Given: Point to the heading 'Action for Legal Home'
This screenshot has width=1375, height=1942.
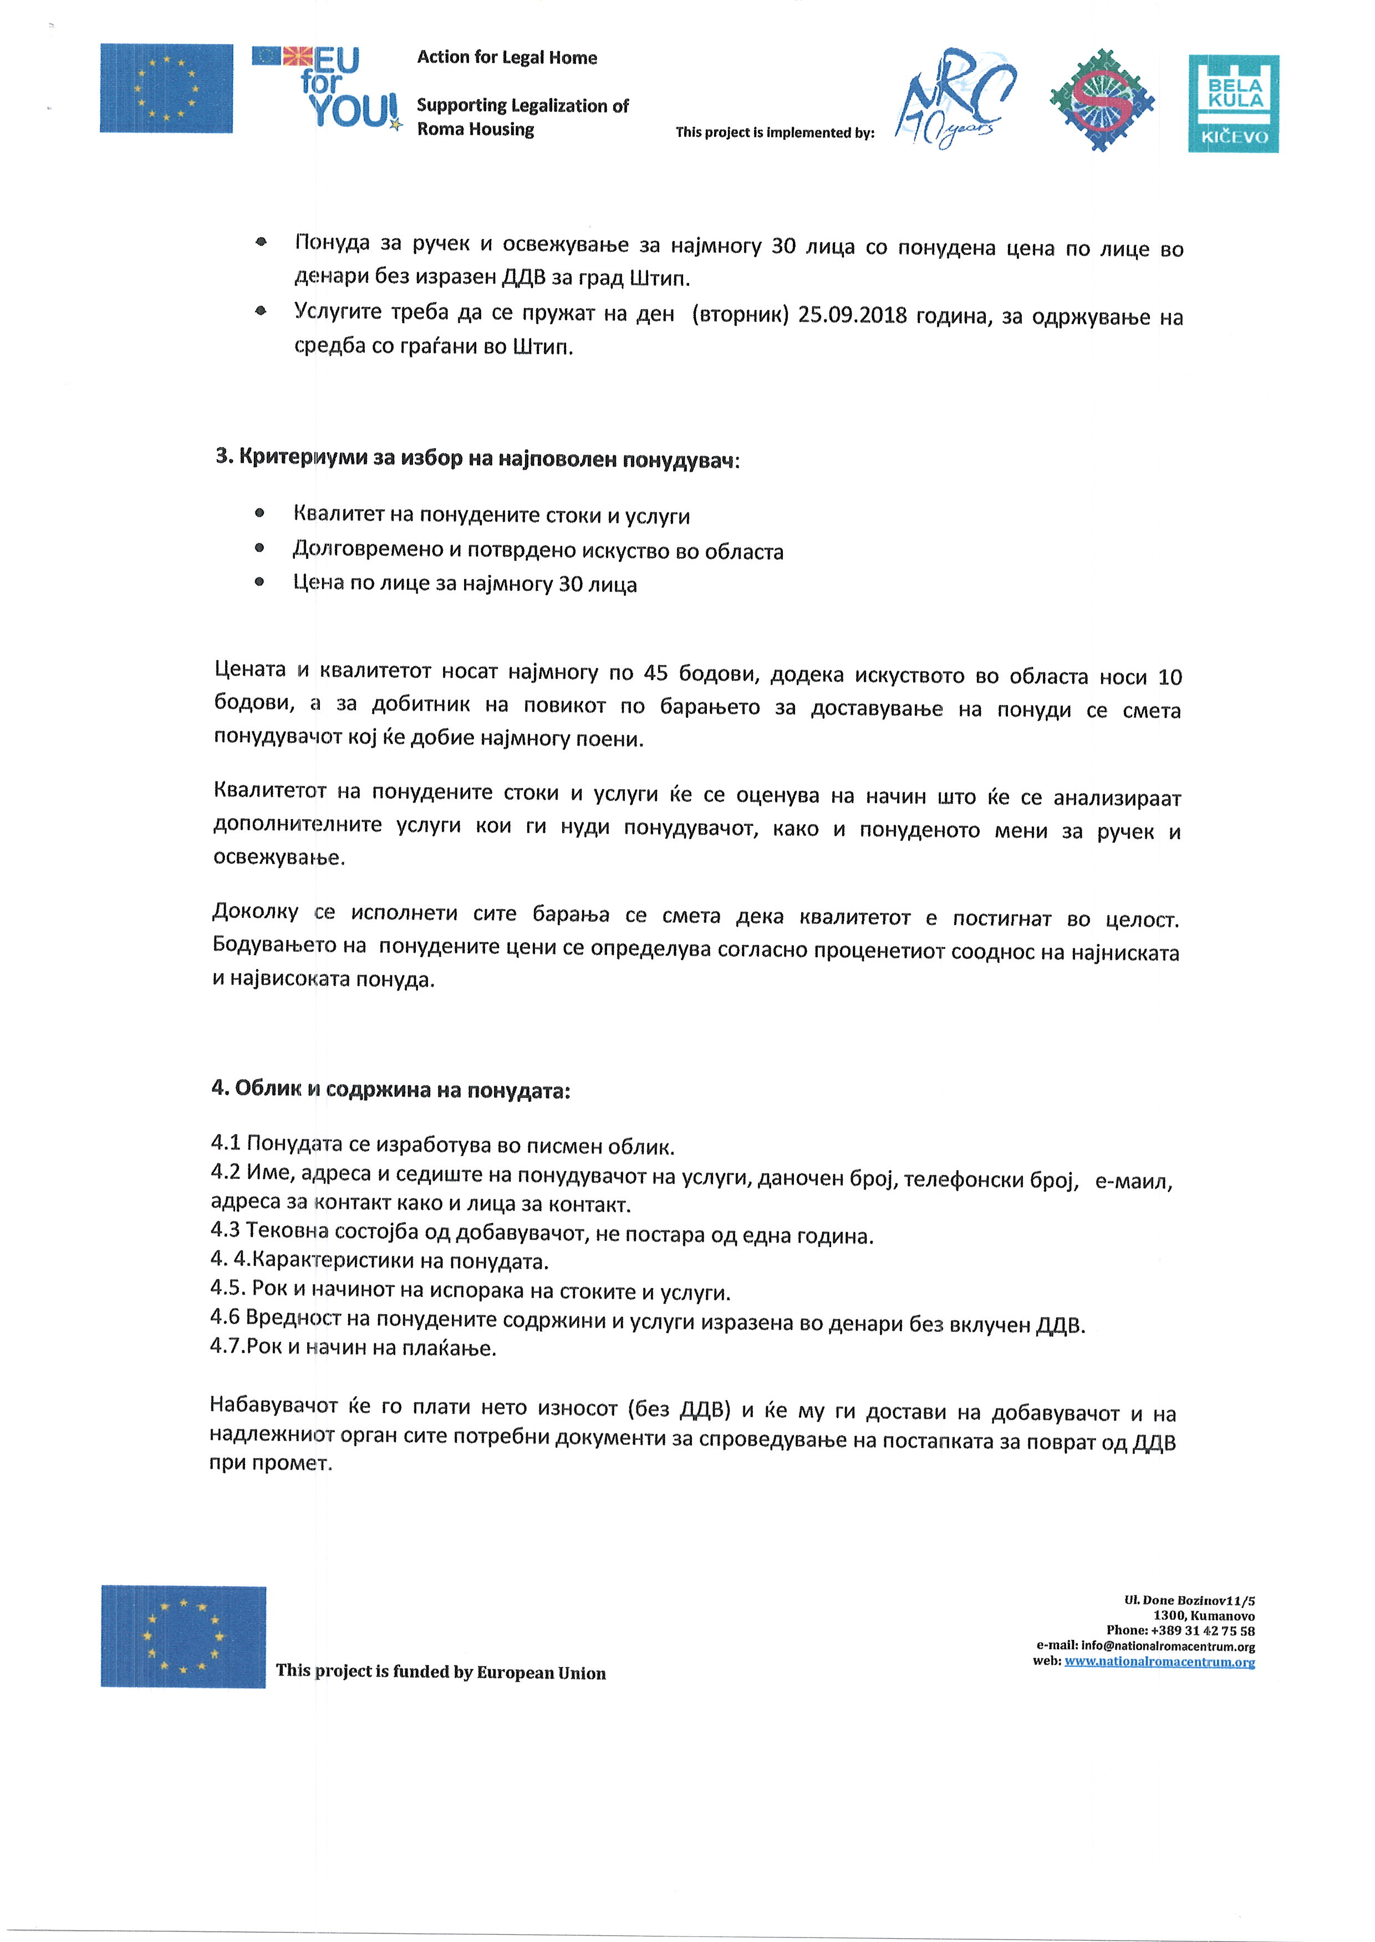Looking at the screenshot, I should (506, 58).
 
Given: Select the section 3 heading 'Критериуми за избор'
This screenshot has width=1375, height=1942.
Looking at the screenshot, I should (477, 459).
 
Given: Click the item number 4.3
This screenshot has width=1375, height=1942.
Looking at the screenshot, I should (225, 1230).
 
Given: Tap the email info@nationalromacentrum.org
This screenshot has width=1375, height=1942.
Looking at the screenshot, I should (1168, 1646).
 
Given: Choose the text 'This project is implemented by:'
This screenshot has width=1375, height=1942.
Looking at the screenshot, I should (775, 133).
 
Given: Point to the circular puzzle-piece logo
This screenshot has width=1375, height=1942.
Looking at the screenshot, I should (1102, 100).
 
